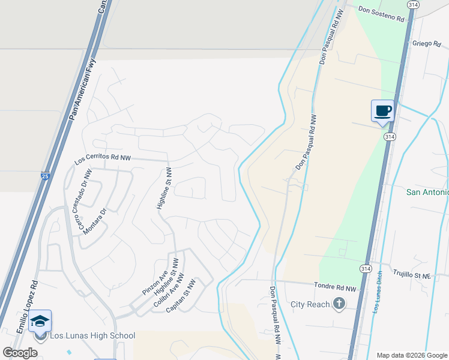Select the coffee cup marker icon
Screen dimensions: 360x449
(x=382, y=111)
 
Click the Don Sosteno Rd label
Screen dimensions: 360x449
(x=382, y=14)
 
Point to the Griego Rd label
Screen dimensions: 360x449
(x=427, y=44)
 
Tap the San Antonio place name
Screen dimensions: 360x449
(x=427, y=192)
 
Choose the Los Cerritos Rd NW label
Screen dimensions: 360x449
(x=103, y=159)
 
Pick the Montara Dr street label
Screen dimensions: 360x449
(x=95, y=220)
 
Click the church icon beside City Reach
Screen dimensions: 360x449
(x=339, y=304)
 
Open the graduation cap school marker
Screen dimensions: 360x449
(x=40, y=321)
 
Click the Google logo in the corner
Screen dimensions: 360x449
(x=20, y=353)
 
